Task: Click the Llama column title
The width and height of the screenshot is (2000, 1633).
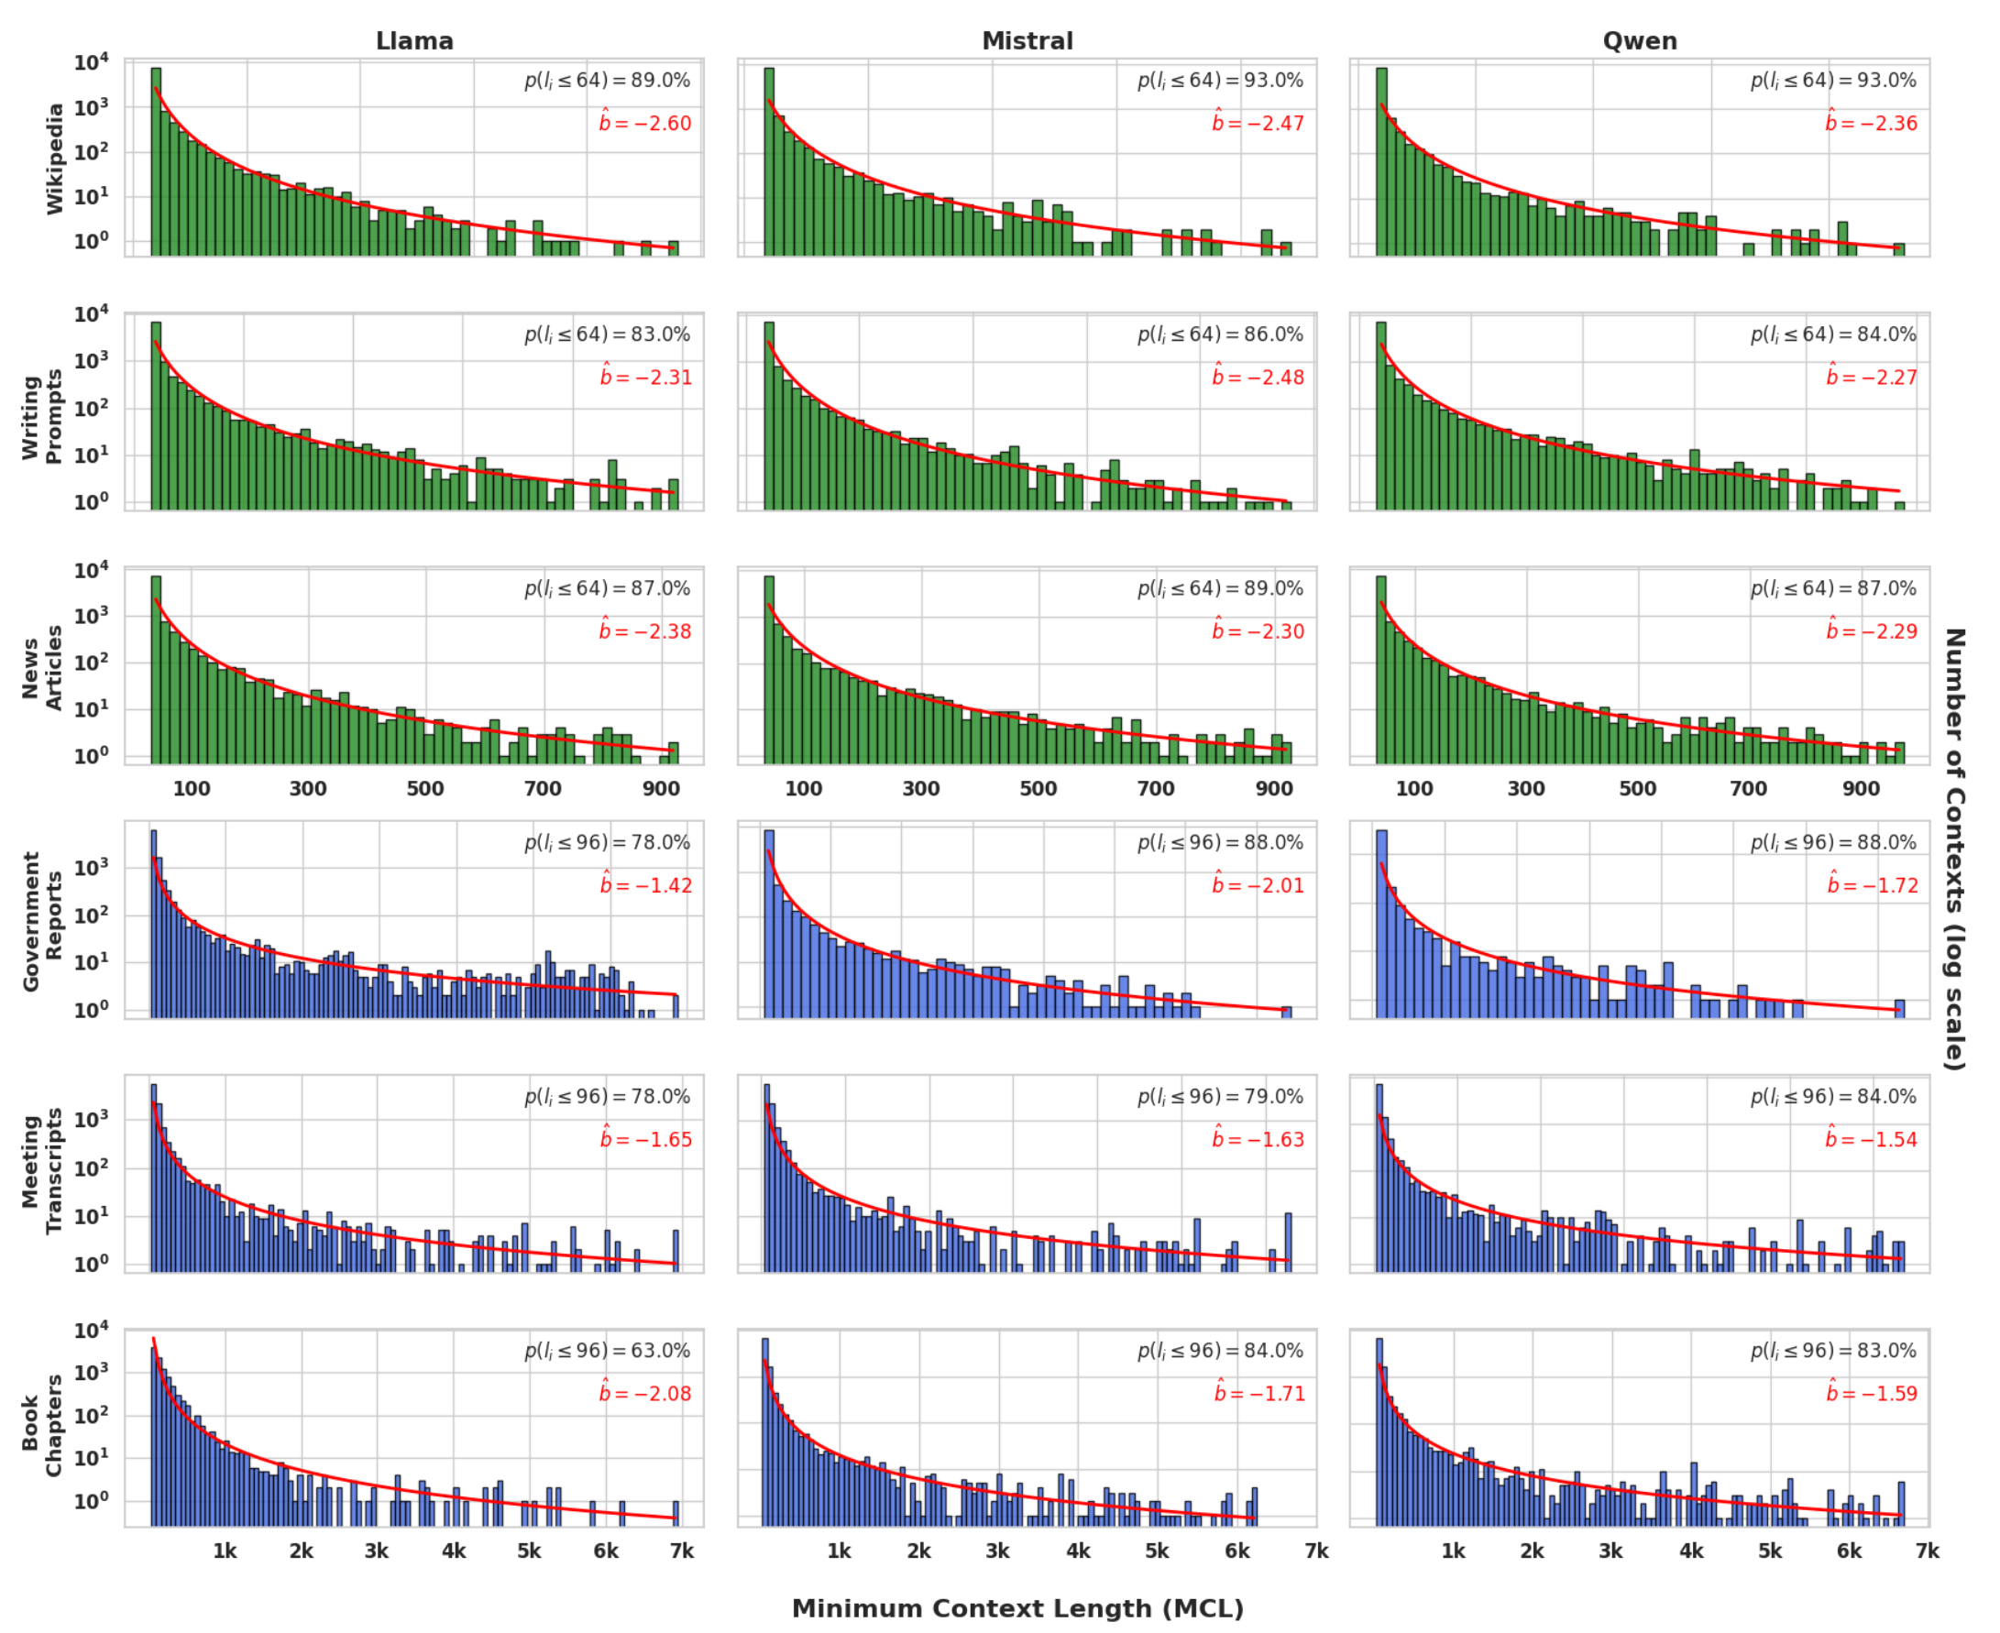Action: click(x=414, y=41)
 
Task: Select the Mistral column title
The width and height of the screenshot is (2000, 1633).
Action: click(x=1027, y=41)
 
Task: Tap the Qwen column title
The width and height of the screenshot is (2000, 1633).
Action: click(x=1639, y=41)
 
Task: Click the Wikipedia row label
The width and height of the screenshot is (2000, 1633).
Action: click(x=56, y=158)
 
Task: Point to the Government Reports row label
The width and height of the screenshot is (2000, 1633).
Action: click(x=43, y=921)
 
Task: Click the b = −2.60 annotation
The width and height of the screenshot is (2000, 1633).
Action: click(x=645, y=123)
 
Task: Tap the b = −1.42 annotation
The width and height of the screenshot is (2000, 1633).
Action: click(x=646, y=885)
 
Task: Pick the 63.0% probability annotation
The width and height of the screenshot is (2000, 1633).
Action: click(x=608, y=1351)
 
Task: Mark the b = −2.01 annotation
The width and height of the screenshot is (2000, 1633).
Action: click(x=1258, y=885)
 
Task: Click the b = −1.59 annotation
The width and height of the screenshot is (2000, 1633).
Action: click(x=1872, y=1393)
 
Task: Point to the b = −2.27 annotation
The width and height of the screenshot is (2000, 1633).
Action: click(x=1872, y=378)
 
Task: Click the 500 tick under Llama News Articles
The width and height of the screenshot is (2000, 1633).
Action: click(x=425, y=788)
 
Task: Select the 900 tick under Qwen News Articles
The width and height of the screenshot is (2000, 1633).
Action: click(x=1860, y=788)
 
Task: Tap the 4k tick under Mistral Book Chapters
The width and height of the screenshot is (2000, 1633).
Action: click(x=1078, y=1551)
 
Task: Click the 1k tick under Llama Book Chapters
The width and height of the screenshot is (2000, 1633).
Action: click(x=224, y=1551)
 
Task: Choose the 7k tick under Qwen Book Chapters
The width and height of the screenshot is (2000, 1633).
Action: click(x=1928, y=1551)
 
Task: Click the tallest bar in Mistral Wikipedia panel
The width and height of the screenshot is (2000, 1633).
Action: click(x=769, y=160)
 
